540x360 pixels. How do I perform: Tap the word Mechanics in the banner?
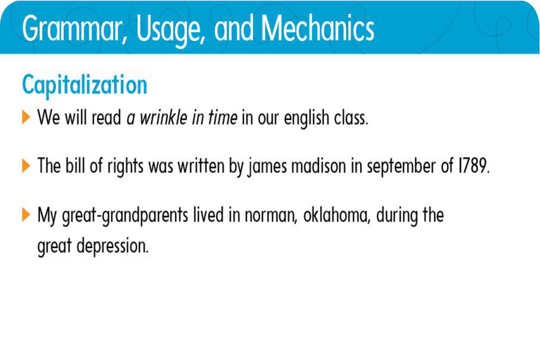point(318,28)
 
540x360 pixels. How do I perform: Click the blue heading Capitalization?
point(84,85)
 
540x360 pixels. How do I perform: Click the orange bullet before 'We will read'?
point(26,117)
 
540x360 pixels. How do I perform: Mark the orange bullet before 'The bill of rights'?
point(26,166)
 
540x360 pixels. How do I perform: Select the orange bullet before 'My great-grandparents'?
point(26,214)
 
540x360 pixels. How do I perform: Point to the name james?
point(267,167)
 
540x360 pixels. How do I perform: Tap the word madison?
point(319,166)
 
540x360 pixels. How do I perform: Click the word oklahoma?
point(336,215)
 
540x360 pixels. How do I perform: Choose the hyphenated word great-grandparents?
point(125,216)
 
